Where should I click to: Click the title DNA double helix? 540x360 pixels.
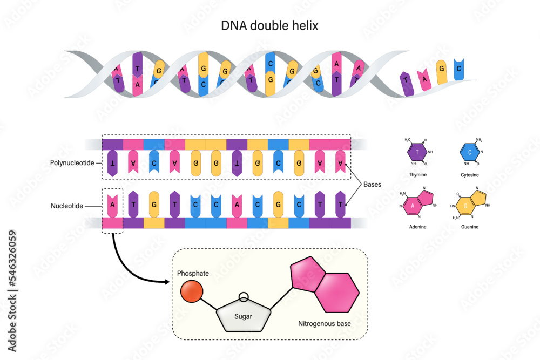(x=269, y=25)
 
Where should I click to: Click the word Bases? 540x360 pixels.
(x=372, y=184)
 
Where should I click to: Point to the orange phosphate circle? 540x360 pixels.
(x=191, y=292)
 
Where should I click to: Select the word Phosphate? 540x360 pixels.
(x=193, y=274)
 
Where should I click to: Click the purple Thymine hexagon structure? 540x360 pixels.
(x=417, y=152)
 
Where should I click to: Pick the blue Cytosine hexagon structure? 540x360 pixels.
(x=470, y=152)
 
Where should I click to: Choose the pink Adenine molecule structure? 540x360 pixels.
(x=417, y=204)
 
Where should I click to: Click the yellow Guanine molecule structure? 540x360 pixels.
(x=470, y=204)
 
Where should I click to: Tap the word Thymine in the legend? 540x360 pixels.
(x=417, y=175)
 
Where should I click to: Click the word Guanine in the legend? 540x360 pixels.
(x=470, y=227)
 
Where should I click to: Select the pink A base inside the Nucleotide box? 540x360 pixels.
(x=112, y=204)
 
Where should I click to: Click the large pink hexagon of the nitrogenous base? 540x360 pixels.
(x=337, y=292)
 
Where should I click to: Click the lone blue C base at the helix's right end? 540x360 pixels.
(x=458, y=70)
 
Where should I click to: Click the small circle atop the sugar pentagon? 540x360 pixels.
(x=244, y=297)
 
